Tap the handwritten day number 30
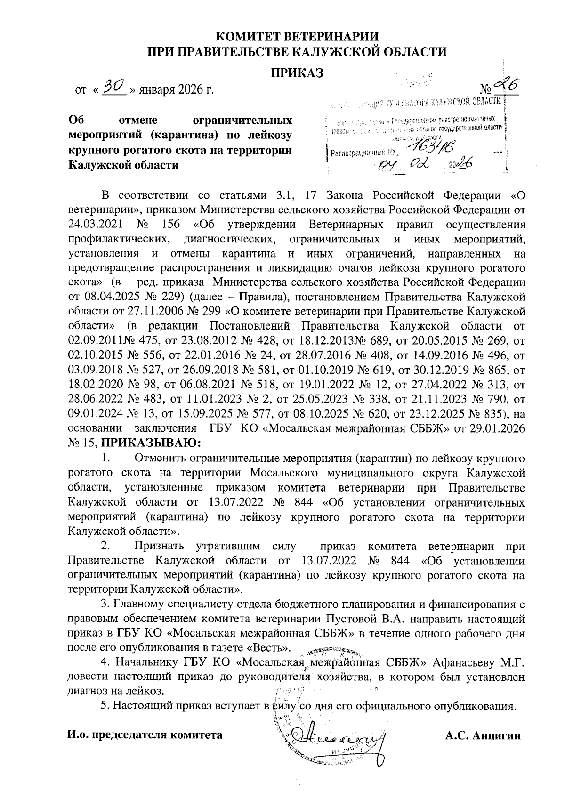[x=114, y=86]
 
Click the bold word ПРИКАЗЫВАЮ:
[x=151, y=443]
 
